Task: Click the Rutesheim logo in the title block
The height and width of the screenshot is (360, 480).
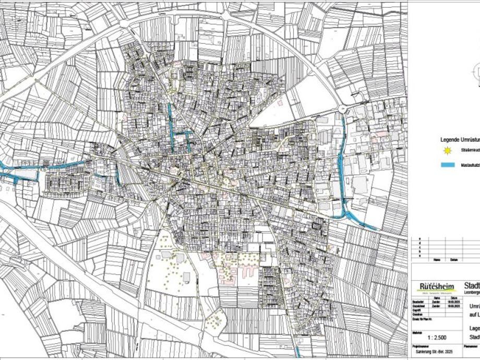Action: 437,287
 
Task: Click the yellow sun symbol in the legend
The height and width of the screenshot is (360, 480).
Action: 447,151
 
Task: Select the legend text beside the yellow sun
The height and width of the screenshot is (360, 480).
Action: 470,151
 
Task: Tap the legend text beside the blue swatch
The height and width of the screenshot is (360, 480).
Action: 470,165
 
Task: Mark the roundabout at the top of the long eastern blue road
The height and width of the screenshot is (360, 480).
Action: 343,109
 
